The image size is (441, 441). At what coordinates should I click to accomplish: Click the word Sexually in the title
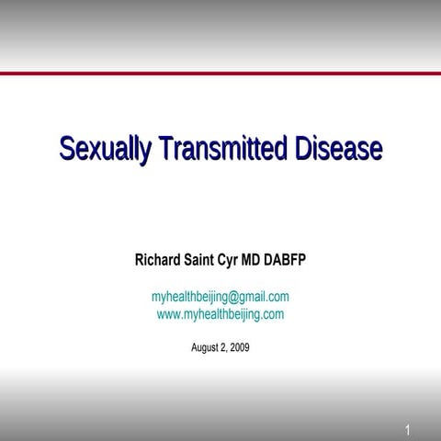(x=105, y=148)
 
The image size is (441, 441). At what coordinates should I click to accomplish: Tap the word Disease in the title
(x=335, y=148)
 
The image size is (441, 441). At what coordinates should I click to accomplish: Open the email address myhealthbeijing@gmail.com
(x=220, y=297)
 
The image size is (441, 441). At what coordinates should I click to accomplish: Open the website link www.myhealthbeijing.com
(x=220, y=314)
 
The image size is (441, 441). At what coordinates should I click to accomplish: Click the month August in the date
(x=205, y=348)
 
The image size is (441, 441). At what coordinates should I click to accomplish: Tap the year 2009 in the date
(x=239, y=348)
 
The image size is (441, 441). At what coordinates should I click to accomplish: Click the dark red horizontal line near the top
(x=220, y=73)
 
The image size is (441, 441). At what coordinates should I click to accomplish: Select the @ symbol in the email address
(x=235, y=297)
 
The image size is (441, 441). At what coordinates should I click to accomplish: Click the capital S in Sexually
(x=68, y=148)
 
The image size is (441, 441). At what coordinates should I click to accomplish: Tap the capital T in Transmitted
(x=165, y=148)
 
